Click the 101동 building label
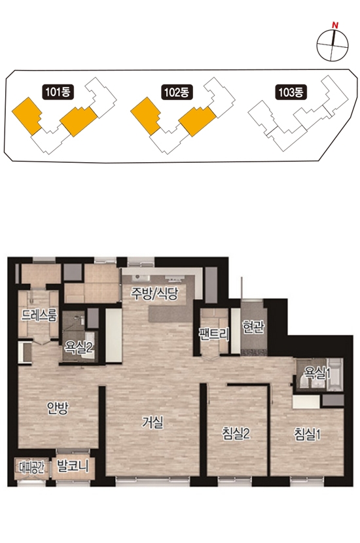58,92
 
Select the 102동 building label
177,92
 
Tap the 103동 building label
291,92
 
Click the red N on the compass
334,25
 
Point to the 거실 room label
153,422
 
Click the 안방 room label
58,409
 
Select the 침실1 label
308,434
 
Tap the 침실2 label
236,434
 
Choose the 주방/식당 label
154,294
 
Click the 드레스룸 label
39,315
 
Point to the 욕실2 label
79,347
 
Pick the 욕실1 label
317,373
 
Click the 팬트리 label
214,334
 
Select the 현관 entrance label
253,326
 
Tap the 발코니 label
73,466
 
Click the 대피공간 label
31,468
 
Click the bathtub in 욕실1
335,375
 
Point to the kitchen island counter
170,314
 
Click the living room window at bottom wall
153,480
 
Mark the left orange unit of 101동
27,116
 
